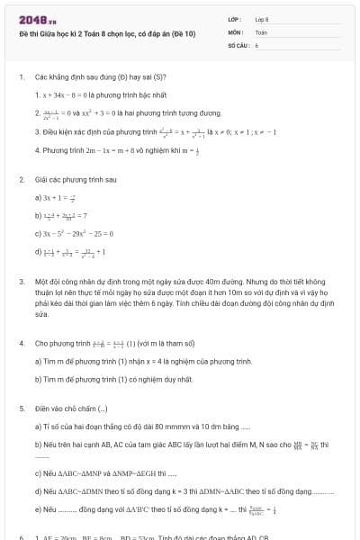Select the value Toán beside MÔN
[261, 31]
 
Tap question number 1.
[22, 76]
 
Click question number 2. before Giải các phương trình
[22, 179]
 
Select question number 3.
[22, 282]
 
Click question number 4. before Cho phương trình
[22, 343]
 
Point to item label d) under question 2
[38, 252]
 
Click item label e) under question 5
[38, 509]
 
